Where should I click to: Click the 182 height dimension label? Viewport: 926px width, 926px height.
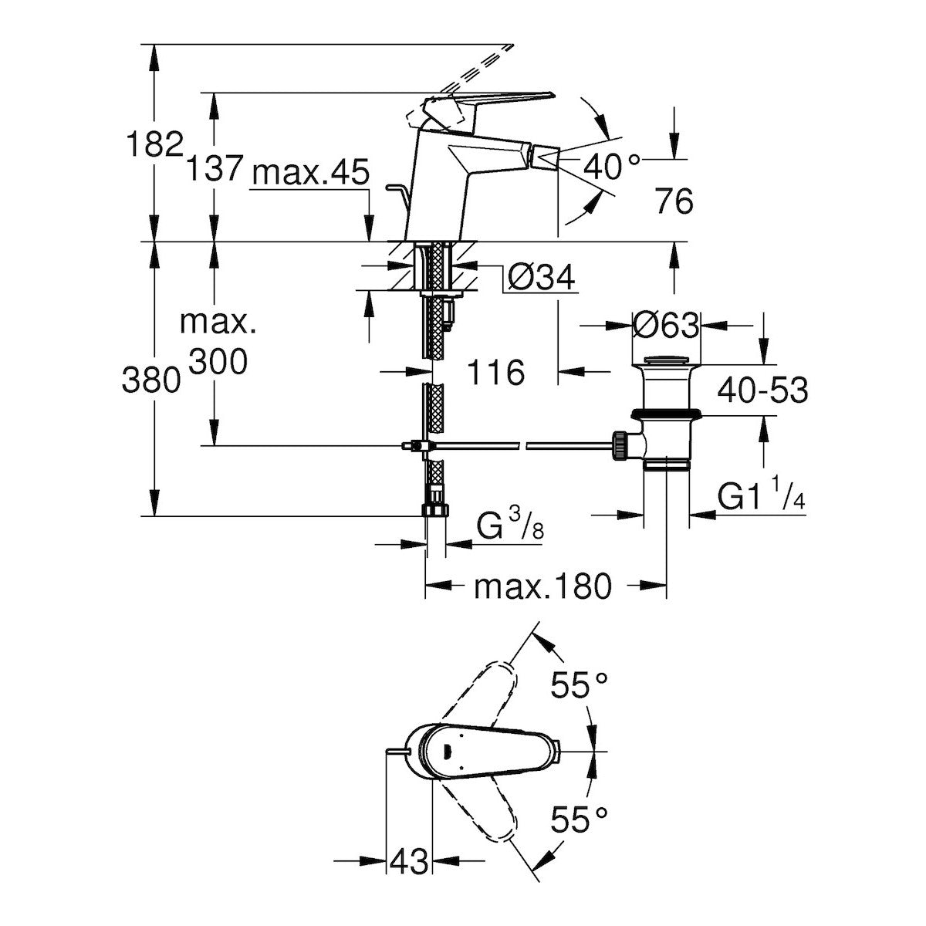[154, 144]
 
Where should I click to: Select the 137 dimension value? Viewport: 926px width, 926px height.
[215, 167]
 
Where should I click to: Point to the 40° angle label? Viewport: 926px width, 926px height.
[611, 164]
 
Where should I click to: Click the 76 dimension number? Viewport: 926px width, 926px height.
[674, 202]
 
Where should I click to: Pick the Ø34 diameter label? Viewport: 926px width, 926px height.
[542, 277]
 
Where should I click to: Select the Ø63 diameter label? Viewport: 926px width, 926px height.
[665, 325]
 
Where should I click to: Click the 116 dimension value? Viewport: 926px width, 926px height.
[496, 373]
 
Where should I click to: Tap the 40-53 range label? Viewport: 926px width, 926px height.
[762, 391]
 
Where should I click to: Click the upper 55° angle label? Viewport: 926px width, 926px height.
[580, 685]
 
